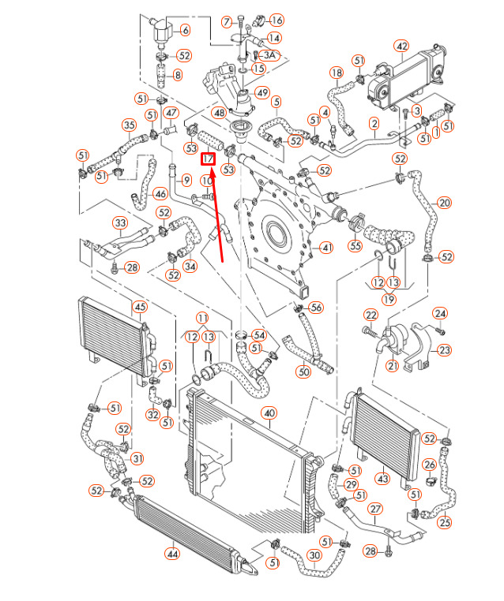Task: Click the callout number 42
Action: point(401,47)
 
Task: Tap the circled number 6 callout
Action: point(186,31)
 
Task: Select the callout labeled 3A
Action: point(270,55)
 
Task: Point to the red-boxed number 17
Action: point(209,159)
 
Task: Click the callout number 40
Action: point(269,412)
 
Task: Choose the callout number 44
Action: point(171,553)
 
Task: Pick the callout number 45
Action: point(140,307)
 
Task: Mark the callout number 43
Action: point(382,479)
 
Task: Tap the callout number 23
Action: point(445,350)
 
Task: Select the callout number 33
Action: point(120,223)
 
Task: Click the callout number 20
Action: point(444,203)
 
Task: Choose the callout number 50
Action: point(303,371)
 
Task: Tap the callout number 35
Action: point(129,125)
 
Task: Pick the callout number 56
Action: point(316,308)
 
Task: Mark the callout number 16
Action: point(276,20)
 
